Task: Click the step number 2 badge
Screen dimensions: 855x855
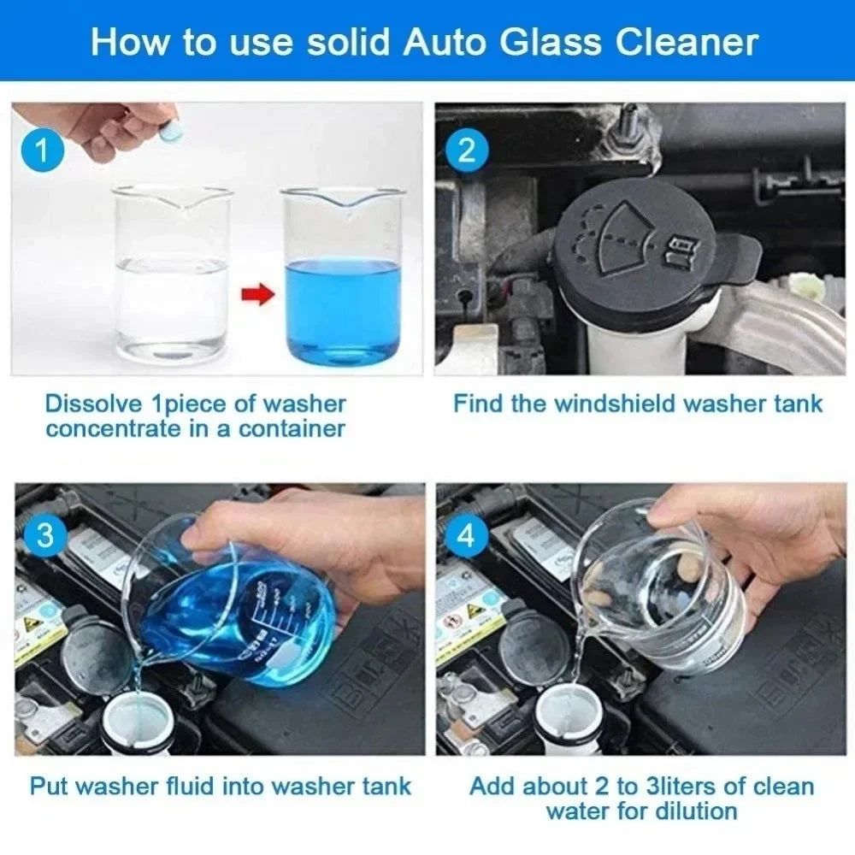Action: pyautogui.click(x=467, y=151)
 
